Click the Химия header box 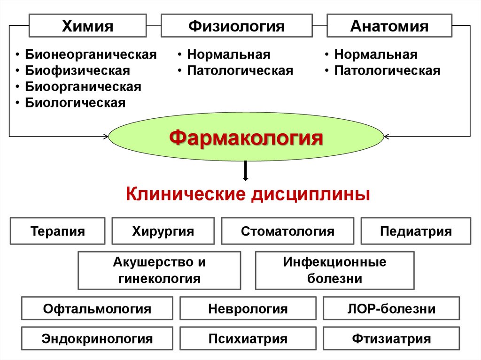[x=88, y=26]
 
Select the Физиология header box [x=237, y=26]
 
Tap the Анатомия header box [x=389, y=26]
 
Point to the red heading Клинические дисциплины [x=248, y=193]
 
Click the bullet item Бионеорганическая [x=91, y=54]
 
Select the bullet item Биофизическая [x=78, y=71]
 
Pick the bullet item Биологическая [x=75, y=103]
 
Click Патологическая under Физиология [x=240, y=71]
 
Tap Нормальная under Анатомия [x=376, y=54]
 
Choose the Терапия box [x=58, y=231]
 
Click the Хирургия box [x=163, y=231]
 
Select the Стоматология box [x=287, y=231]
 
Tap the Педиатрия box [x=416, y=231]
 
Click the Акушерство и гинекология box [x=159, y=270]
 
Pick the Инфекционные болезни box [x=334, y=270]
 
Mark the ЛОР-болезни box [x=391, y=309]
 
